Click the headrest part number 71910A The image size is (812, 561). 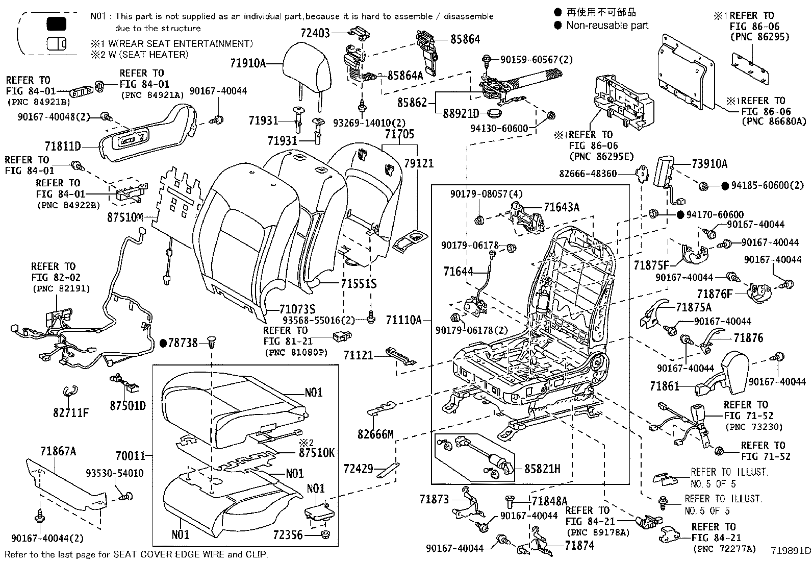pyautogui.click(x=248, y=63)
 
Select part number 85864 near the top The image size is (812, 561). pyautogui.click(x=465, y=39)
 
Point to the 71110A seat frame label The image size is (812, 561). pyautogui.click(x=403, y=320)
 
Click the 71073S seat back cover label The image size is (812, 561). pyautogui.click(x=297, y=309)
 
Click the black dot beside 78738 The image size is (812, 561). pyautogui.click(x=163, y=343)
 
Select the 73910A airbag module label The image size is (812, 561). pyautogui.click(x=709, y=164)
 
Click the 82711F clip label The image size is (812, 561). pyautogui.click(x=70, y=412)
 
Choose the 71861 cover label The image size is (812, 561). pyautogui.click(x=665, y=386)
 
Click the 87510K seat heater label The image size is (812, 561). pyautogui.click(x=316, y=452)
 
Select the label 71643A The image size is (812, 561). pyautogui.click(x=562, y=207)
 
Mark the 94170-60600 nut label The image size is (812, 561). pyautogui.click(x=718, y=215)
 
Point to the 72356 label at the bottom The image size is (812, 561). pyautogui.click(x=288, y=535)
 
